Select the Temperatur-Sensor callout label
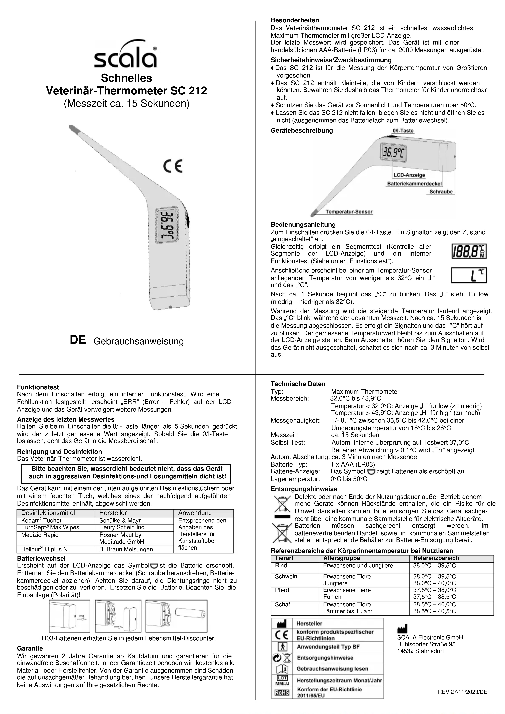[349, 212]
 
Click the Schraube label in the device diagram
[441, 192]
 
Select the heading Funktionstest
[38, 387]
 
